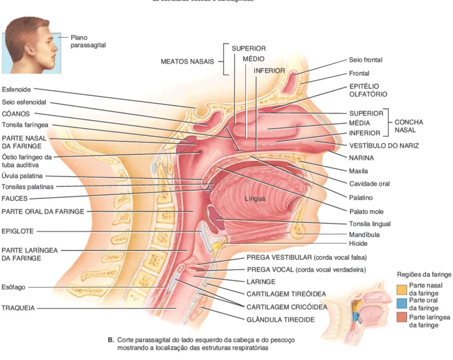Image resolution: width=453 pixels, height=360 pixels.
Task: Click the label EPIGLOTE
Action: tap(18, 231)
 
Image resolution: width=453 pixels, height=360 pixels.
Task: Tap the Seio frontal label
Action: tap(365, 60)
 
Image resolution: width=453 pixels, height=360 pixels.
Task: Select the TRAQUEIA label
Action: tap(18, 308)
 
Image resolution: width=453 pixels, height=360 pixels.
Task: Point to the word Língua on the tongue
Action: tap(255, 199)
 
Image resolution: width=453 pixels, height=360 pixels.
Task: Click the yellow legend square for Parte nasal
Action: tap(402, 290)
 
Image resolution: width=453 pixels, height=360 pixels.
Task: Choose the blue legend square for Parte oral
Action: tap(402, 304)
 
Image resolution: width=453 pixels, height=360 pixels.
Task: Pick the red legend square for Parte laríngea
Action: tap(402, 317)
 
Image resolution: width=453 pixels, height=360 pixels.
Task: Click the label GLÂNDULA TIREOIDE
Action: tap(280, 320)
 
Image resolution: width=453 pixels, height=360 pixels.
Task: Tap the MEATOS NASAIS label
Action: tap(187, 62)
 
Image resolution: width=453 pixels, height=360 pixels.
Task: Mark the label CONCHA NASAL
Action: tap(409, 126)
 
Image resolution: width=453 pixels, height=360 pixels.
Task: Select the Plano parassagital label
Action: tap(88, 41)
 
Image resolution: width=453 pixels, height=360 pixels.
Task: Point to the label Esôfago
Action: tap(13, 287)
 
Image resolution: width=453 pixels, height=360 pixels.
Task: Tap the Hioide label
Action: tap(358, 243)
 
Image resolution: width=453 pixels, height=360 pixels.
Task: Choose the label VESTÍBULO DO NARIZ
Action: tap(384, 145)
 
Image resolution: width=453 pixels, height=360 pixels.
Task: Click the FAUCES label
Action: tap(15, 199)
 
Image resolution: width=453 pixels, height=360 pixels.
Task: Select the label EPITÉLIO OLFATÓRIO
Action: tap(368, 90)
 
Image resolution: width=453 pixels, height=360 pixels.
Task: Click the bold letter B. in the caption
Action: tap(111, 340)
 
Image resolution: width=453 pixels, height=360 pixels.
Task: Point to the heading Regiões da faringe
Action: tap(424, 274)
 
